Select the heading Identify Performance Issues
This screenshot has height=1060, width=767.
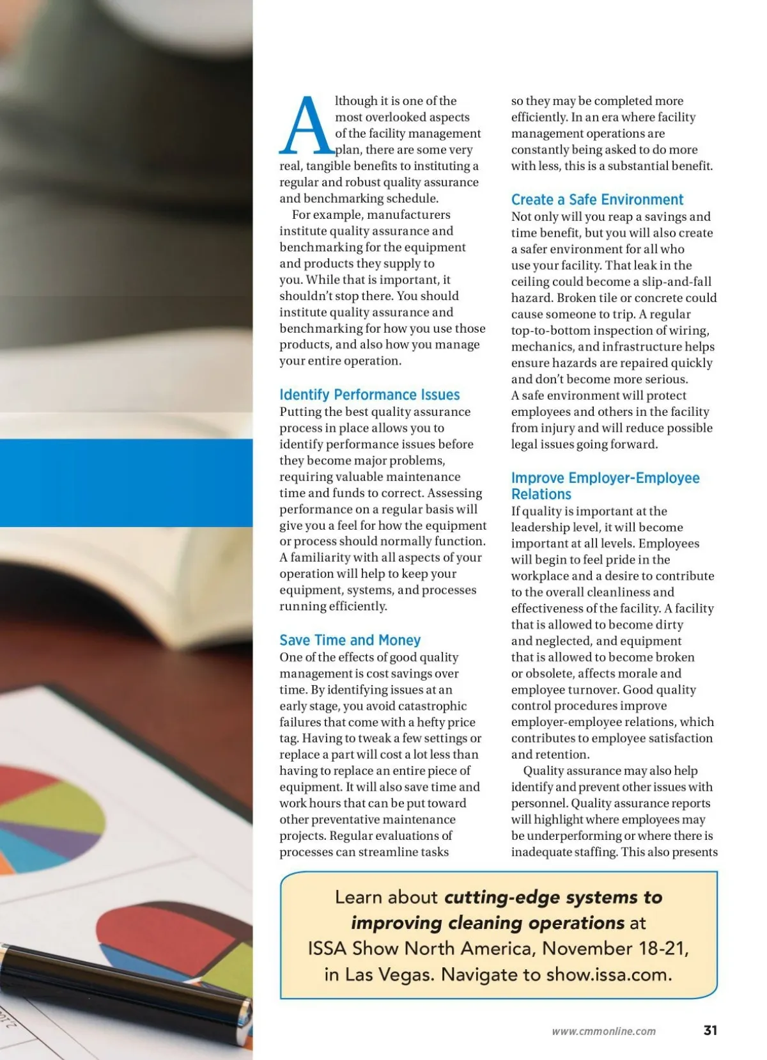pos(369,395)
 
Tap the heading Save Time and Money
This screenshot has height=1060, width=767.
pos(350,640)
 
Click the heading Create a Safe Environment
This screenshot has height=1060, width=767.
pos(597,200)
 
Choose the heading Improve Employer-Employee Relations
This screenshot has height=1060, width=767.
pos(605,486)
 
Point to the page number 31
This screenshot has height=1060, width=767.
pos(710,1031)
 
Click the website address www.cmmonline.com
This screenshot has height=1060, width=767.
pos(603,1031)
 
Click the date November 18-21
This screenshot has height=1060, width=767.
pos(615,948)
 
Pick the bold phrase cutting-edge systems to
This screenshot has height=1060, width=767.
pos(553,897)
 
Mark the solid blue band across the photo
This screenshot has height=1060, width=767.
pos(126,482)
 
